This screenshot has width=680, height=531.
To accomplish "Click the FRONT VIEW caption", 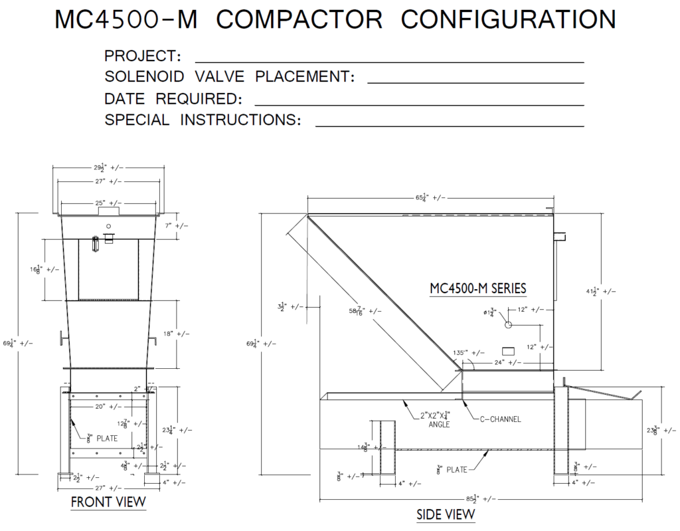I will click(x=108, y=502).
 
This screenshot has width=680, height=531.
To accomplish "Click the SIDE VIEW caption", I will click(x=446, y=514).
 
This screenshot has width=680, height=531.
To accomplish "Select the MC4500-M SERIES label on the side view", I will click(x=478, y=288).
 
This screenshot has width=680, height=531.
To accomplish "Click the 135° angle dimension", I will click(x=464, y=353).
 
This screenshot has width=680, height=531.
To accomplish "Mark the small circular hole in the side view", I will click(x=508, y=326).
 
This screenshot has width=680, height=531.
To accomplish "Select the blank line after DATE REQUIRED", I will click(x=419, y=104).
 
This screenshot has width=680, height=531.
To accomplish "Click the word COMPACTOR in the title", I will click(x=299, y=20).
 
